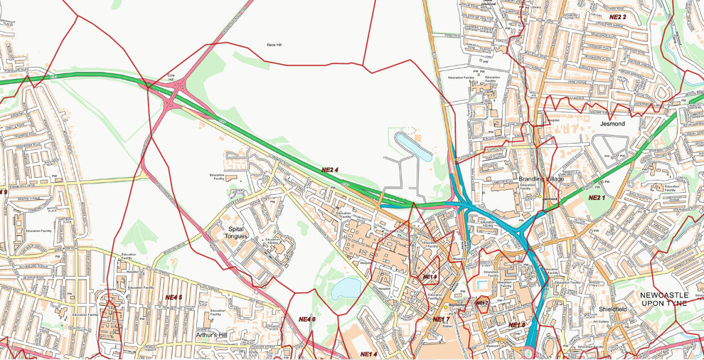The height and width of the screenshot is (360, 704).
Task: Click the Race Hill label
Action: pos(276,45)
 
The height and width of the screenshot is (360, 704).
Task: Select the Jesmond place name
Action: pos(612,124)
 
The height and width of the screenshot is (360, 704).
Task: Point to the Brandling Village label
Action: pos(540,179)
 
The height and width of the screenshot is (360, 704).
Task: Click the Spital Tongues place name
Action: pos(236,232)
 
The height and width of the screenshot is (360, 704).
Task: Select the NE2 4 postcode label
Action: pos(330,170)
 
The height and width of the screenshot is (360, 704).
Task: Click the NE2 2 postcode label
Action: pos(617,16)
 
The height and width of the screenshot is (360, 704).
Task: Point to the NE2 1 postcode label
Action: pos(596,197)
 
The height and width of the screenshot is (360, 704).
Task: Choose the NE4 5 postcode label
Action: pos(174,297)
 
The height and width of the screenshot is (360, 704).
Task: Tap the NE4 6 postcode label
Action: pos(306,319)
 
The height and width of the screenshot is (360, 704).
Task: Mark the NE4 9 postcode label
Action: pos(4,192)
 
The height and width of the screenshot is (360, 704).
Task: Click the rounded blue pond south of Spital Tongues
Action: pos(346,287)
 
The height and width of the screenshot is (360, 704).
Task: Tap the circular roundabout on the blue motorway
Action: pos(530,352)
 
